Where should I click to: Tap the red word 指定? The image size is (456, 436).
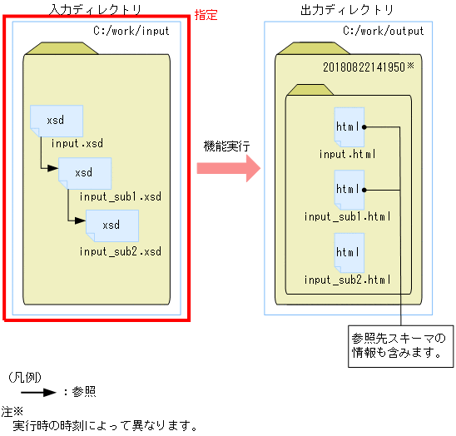pyautogui.click(x=206, y=15)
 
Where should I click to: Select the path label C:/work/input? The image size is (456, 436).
pyautogui.click(x=131, y=32)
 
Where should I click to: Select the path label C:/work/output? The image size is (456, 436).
pyautogui.click(x=383, y=32)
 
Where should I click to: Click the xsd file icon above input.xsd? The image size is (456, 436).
pyautogui.click(x=56, y=121)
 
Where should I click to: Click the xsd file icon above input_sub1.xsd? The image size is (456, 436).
pyautogui.click(x=84, y=173)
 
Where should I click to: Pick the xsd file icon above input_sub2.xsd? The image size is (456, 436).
pyautogui.click(x=111, y=225)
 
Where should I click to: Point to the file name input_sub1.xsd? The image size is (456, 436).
pyautogui.click(x=121, y=197)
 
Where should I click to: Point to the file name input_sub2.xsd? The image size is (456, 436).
pyautogui.click(x=121, y=250)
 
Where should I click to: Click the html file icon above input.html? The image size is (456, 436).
pyautogui.click(x=349, y=127)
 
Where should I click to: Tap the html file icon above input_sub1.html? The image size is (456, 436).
pyautogui.click(x=349, y=190)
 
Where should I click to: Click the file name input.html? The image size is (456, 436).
pyautogui.click(x=348, y=154)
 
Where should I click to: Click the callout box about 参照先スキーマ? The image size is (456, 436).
pyautogui.click(x=399, y=344)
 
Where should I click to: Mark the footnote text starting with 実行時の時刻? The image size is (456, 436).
pyautogui.click(x=105, y=426)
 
